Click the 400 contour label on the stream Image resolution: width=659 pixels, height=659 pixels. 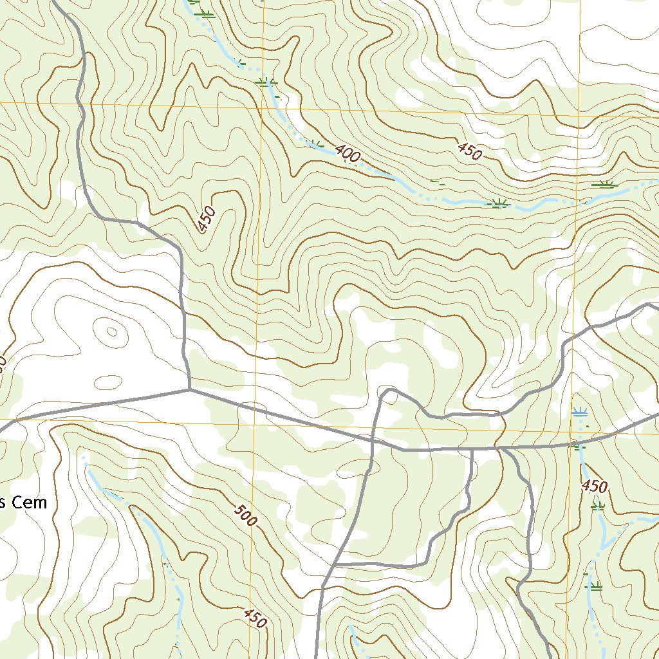pos(348,154)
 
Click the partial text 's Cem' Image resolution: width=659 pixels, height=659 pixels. pos(24,503)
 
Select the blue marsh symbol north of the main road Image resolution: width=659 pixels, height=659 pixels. pos(580,412)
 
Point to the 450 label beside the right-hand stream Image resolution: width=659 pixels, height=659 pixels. pos(595,486)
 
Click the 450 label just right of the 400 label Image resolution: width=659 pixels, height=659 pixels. pos(470,152)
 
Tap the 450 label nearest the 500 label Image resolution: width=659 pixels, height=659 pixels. pos(255,618)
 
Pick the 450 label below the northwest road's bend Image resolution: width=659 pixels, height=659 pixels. pos(206,221)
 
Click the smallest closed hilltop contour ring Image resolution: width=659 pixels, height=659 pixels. pos(112,332)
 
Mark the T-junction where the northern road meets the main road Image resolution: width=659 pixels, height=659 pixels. pos(189,389)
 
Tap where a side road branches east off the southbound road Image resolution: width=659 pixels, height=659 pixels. pos(337,564)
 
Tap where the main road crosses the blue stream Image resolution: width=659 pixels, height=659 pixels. pos(577,443)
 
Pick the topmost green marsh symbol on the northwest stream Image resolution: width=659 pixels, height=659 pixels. pos(205,14)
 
